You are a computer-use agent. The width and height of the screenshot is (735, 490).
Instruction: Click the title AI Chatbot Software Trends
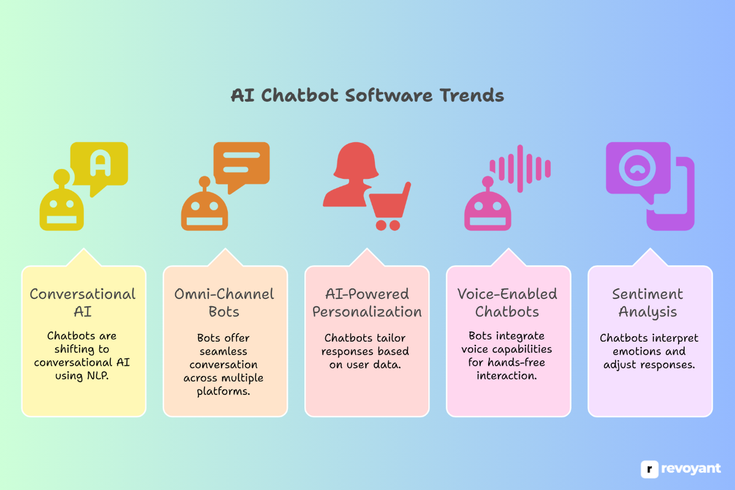(x=367, y=96)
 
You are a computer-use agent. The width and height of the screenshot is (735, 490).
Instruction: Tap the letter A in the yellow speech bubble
(x=98, y=162)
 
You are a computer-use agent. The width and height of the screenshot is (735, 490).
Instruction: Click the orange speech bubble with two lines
(x=241, y=162)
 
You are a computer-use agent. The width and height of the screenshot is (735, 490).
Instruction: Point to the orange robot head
(x=203, y=210)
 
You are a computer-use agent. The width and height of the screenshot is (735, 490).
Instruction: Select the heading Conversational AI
(x=83, y=303)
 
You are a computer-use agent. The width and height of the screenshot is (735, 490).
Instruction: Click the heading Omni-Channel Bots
(x=224, y=303)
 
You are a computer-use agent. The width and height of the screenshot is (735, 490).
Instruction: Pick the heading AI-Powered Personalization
(x=367, y=303)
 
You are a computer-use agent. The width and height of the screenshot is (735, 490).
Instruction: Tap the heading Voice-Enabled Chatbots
(x=508, y=303)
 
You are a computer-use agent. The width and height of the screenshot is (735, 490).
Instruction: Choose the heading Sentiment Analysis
(x=648, y=303)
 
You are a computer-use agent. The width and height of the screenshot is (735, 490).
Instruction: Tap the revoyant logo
(x=681, y=469)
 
